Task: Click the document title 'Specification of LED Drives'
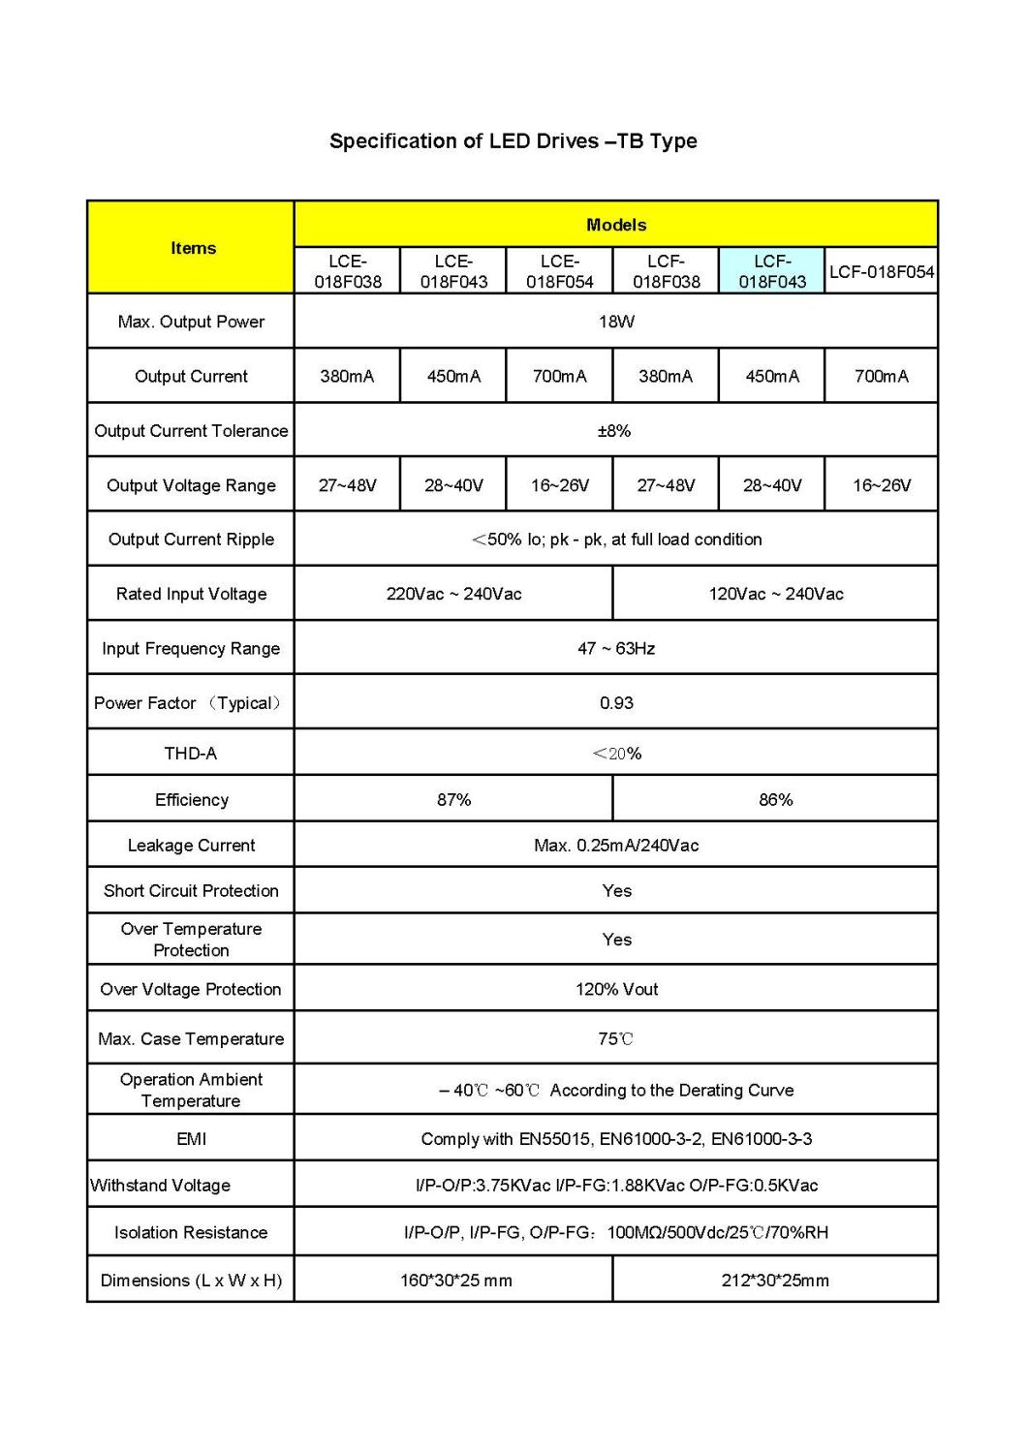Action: tap(513, 141)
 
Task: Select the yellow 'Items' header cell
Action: tap(192, 248)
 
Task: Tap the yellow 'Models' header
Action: tap(615, 225)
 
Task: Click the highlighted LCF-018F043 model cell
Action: tap(771, 271)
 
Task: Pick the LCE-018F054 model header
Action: tap(559, 271)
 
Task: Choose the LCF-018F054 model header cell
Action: tap(881, 271)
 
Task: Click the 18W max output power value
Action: tap(615, 322)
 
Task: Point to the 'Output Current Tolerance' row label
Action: tap(191, 431)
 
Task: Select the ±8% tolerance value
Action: tap(615, 431)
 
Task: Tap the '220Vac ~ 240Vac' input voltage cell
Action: tap(453, 594)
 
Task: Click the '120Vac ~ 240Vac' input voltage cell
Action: tap(775, 594)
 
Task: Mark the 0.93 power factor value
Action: tap(615, 703)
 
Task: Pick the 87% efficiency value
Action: tap(453, 800)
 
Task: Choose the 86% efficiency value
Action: tap(775, 800)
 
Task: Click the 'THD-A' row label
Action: tap(191, 754)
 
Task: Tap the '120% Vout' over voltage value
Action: tap(615, 989)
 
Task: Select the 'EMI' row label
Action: tap(191, 1139)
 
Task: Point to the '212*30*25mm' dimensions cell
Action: tap(775, 1281)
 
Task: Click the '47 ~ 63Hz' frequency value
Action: tap(615, 648)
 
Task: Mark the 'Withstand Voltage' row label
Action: tap(161, 1186)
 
